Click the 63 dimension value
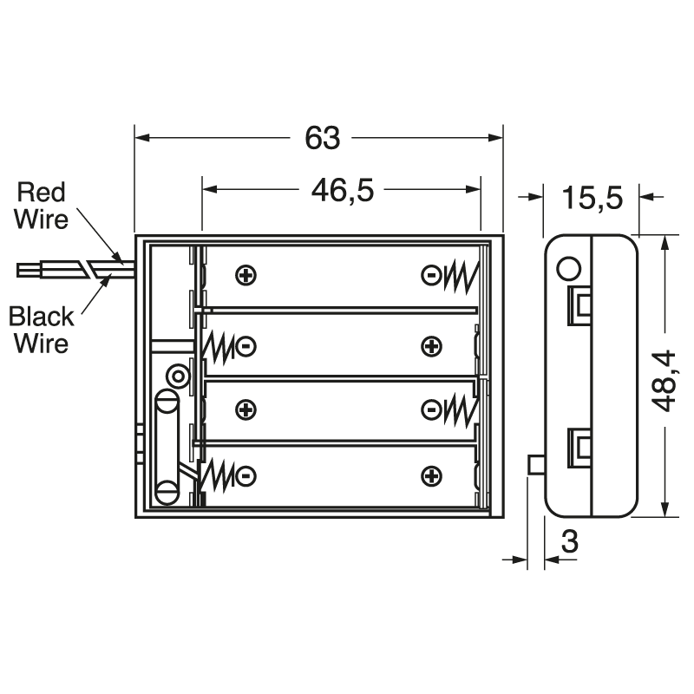pos(323,139)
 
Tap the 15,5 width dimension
pos(592,199)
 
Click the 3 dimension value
pos(570,544)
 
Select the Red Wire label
pos(42,205)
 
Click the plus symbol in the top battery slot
pos(246,277)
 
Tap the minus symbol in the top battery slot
pos(430,277)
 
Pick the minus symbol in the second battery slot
pos(246,346)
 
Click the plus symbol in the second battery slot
pos(431,346)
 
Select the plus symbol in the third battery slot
pos(246,409)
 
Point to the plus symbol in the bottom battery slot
pos(431,475)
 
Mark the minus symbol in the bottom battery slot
pos(246,475)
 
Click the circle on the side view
pos(568,268)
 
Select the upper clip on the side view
pos(579,305)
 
